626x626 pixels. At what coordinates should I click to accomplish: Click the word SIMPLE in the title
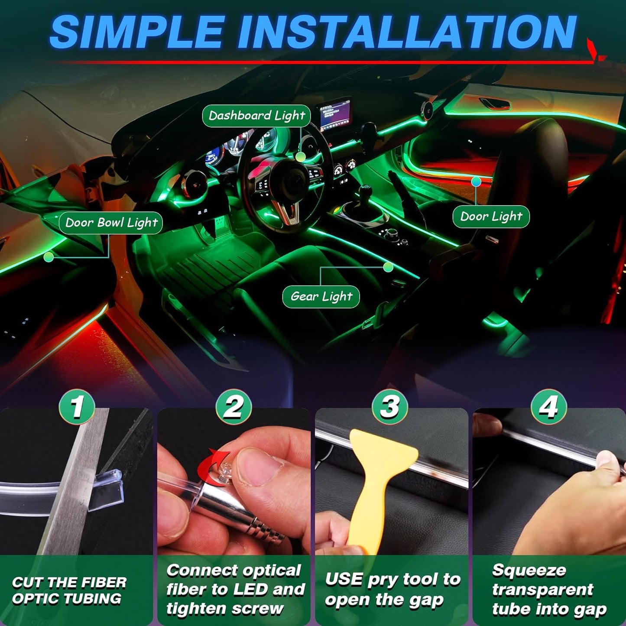(136, 32)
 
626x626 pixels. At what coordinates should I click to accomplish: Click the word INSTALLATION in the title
(407, 32)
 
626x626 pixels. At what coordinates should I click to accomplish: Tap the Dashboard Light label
(256, 116)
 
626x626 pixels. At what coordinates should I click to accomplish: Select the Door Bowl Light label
(111, 223)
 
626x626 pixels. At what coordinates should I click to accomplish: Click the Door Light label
(491, 216)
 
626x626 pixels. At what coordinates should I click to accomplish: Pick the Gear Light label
(321, 297)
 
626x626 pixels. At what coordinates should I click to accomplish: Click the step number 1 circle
(77, 407)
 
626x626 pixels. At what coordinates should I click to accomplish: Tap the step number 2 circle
(234, 407)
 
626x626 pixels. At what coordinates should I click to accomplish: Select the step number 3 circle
(390, 407)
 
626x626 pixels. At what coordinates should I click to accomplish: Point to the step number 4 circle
(548, 407)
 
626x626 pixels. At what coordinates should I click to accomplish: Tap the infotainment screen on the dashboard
(334, 114)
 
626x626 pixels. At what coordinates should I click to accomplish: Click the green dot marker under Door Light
(476, 182)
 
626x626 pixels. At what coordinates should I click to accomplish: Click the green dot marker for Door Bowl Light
(49, 257)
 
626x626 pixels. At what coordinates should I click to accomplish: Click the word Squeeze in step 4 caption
(529, 571)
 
